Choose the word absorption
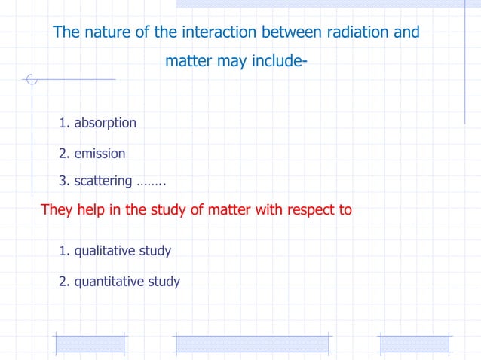coord(105,122)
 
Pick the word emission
coord(100,154)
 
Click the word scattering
coord(103,182)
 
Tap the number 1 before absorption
coord(63,122)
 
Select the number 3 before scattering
coord(63,182)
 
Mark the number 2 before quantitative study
coord(63,282)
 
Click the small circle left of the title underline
coord(31,79)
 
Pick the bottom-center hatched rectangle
coord(252,344)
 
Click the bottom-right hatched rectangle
coord(414,344)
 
